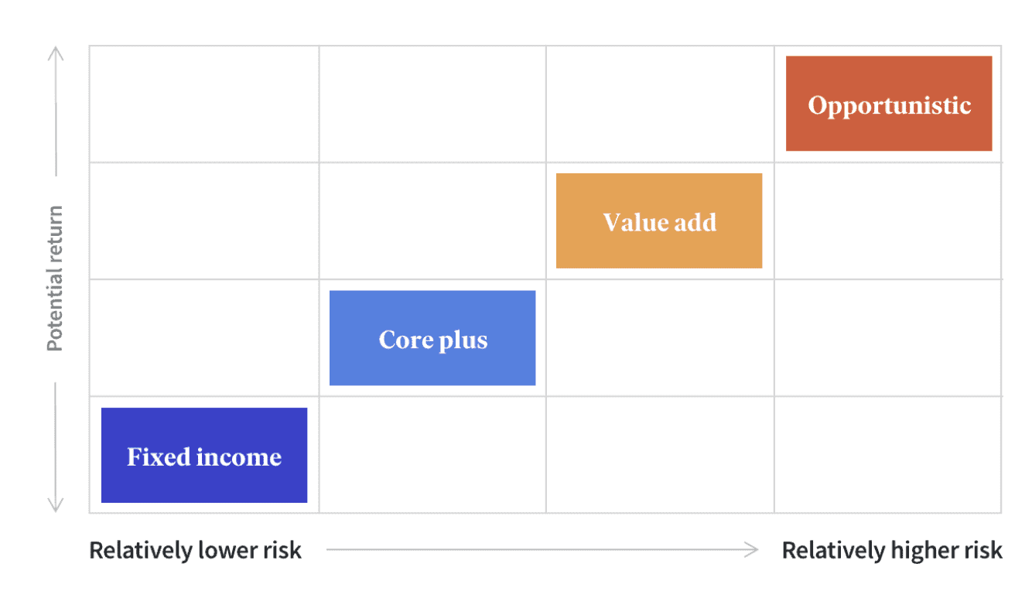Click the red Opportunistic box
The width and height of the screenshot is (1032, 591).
(x=889, y=104)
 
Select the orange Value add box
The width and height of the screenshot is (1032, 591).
(x=659, y=220)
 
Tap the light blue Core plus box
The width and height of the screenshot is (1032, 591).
(x=432, y=337)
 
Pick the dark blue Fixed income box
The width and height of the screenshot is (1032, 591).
(x=204, y=455)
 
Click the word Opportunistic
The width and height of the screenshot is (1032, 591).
(x=889, y=107)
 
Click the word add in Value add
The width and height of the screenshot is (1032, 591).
(x=695, y=223)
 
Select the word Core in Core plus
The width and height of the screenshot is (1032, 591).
(x=406, y=340)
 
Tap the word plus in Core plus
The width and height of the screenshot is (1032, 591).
(x=463, y=341)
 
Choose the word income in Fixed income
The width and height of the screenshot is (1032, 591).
(x=238, y=457)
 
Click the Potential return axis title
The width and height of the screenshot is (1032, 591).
(x=55, y=278)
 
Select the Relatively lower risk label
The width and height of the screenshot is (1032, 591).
(x=195, y=550)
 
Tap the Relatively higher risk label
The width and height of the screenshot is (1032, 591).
(x=892, y=550)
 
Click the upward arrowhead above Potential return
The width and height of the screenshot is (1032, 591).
(x=56, y=53)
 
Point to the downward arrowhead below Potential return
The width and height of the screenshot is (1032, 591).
(x=55, y=505)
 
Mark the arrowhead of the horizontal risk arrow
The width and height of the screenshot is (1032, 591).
(x=752, y=549)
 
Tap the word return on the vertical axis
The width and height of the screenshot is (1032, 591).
(x=55, y=234)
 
